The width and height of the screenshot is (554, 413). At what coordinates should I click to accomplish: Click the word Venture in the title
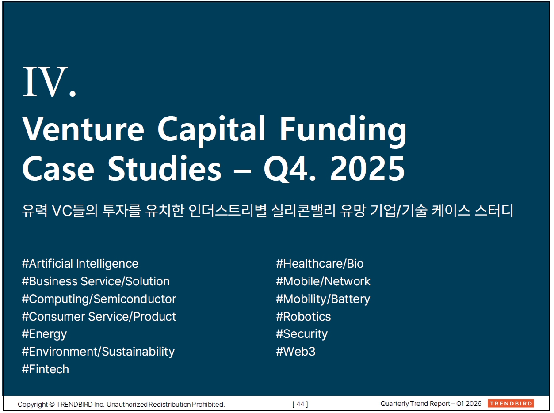click(83, 129)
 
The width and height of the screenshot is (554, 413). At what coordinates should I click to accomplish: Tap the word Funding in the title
click(343, 131)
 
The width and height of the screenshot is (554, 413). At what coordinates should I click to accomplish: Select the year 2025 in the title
click(367, 168)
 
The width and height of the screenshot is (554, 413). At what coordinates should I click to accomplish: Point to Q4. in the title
click(290, 169)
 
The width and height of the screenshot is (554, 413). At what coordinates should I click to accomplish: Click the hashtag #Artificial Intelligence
click(80, 264)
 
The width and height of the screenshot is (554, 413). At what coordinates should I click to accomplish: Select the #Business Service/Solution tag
click(96, 281)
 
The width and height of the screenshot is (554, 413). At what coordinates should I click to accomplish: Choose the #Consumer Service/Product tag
click(99, 317)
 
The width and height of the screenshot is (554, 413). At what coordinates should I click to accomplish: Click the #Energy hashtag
click(44, 334)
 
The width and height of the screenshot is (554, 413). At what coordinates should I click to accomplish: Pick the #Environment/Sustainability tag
click(98, 352)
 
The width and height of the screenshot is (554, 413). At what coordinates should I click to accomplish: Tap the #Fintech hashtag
click(46, 369)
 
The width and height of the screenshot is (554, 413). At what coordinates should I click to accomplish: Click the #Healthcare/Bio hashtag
click(320, 264)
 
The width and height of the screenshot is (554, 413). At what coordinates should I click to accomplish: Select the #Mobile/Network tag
click(323, 281)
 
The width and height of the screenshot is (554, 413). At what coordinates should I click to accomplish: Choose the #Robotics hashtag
click(303, 317)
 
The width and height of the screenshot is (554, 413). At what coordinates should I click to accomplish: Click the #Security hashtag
click(302, 334)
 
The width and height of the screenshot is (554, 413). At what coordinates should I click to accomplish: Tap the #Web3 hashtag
click(296, 352)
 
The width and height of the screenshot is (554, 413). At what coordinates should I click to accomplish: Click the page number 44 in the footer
click(300, 404)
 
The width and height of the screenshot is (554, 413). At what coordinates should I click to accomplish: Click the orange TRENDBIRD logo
click(511, 403)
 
